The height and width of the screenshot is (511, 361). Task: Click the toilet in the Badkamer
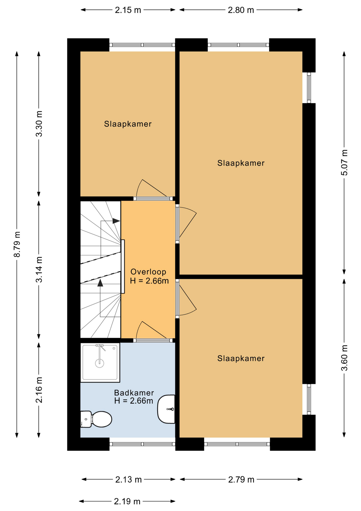[96, 419]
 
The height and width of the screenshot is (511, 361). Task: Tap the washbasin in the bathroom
[166, 409]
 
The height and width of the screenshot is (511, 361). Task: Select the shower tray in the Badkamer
[100, 362]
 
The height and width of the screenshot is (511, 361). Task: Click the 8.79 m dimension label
[17, 244]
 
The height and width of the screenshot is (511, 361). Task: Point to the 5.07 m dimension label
[344, 162]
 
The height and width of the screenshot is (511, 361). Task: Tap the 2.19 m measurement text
[127, 501]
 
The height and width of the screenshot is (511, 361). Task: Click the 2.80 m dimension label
[241, 10]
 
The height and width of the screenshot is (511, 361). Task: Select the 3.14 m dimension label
[39, 269]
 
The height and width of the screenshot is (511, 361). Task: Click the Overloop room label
[148, 272]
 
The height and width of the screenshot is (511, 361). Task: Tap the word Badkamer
[134, 393]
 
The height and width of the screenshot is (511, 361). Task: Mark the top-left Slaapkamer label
[128, 124]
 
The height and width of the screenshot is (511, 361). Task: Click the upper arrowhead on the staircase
[116, 221]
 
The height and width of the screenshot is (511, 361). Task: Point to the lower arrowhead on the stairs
[100, 283]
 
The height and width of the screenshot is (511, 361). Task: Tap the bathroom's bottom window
[142, 444]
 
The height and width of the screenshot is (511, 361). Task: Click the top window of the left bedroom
[142, 45]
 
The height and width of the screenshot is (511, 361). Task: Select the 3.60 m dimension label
[344, 358]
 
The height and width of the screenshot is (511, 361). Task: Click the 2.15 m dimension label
[128, 10]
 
